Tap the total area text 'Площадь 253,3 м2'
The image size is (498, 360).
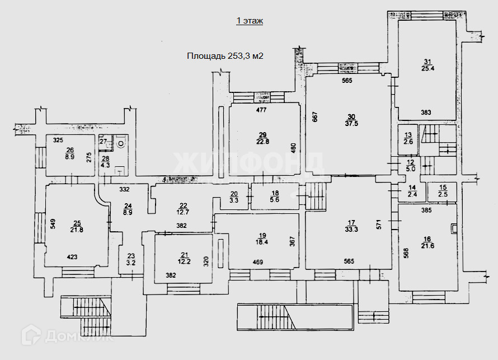click(x=225, y=55)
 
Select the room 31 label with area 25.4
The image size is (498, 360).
click(x=429, y=65)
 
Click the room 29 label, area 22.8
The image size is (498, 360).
click(x=262, y=138)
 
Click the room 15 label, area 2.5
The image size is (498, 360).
click(x=443, y=191)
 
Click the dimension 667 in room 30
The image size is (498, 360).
click(x=315, y=118)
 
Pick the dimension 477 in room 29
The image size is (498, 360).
click(x=261, y=110)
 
